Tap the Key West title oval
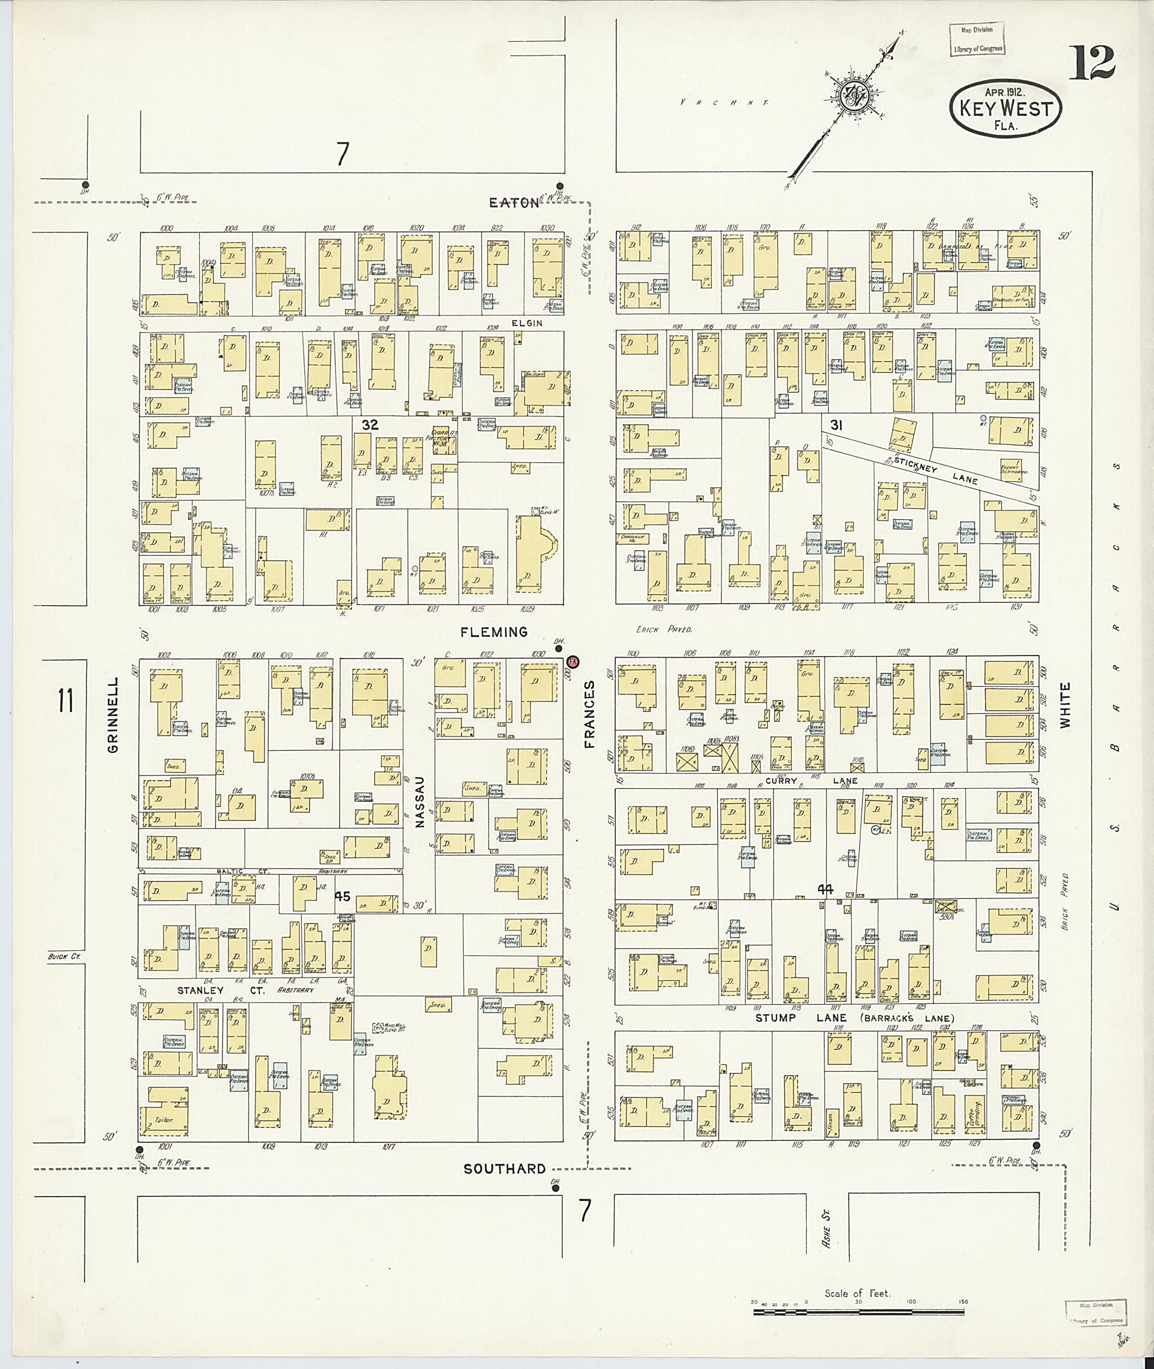click(1005, 109)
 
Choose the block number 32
click(370, 425)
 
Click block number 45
click(343, 896)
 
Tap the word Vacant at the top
click(723, 103)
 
